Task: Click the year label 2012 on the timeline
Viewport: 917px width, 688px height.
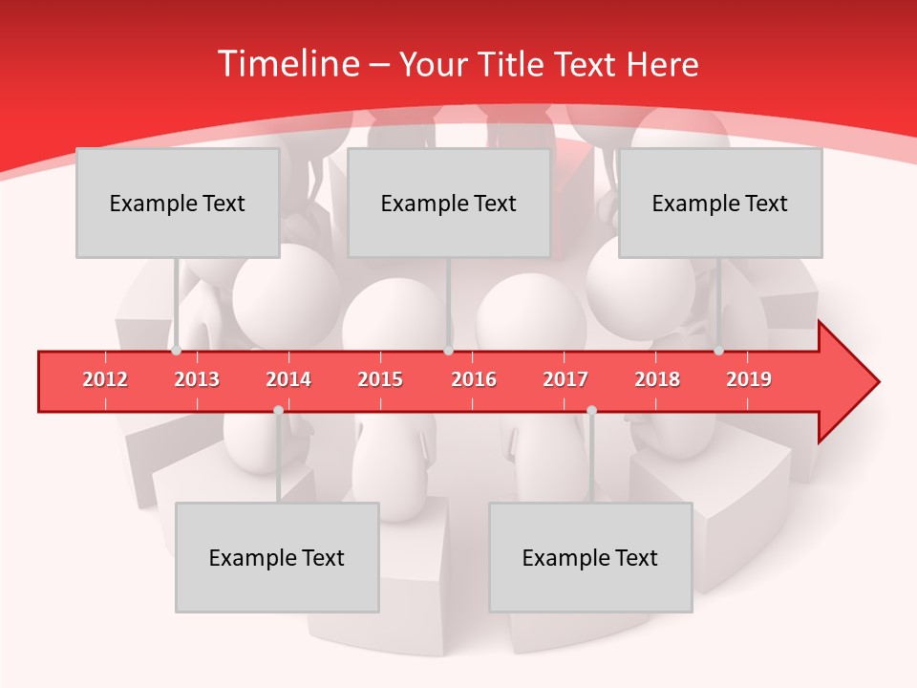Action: point(105,379)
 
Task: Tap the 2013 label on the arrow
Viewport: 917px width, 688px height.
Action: point(197,379)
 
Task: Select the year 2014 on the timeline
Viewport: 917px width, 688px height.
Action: point(288,379)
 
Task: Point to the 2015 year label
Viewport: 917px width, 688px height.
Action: point(380,379)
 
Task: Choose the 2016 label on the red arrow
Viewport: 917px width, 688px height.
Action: point(474,379)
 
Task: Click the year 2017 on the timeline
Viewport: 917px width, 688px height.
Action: point(565,379)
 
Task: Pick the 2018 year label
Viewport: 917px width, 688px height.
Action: point(657,379)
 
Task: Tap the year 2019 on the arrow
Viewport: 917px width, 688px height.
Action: point(749,379)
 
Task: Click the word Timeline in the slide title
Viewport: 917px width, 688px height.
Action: point(286,64)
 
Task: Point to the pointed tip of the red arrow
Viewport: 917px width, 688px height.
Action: point(877,382)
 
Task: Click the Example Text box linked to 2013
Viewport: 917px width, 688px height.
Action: point(178,203)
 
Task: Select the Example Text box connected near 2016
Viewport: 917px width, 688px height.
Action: point(449,203)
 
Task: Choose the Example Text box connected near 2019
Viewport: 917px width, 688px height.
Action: point(720,203)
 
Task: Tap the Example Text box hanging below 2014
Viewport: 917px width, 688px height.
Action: point(277,557)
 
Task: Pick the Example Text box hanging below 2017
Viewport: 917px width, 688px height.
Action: point(590,557)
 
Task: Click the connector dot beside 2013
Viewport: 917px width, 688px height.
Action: point(176,351)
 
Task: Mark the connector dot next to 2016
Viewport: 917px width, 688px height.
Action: point(448,351)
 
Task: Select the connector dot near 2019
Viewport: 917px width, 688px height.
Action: point(718,351)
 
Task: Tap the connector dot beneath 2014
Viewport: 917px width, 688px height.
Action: point(278,410)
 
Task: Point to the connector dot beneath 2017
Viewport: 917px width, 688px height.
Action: point(591,410)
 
